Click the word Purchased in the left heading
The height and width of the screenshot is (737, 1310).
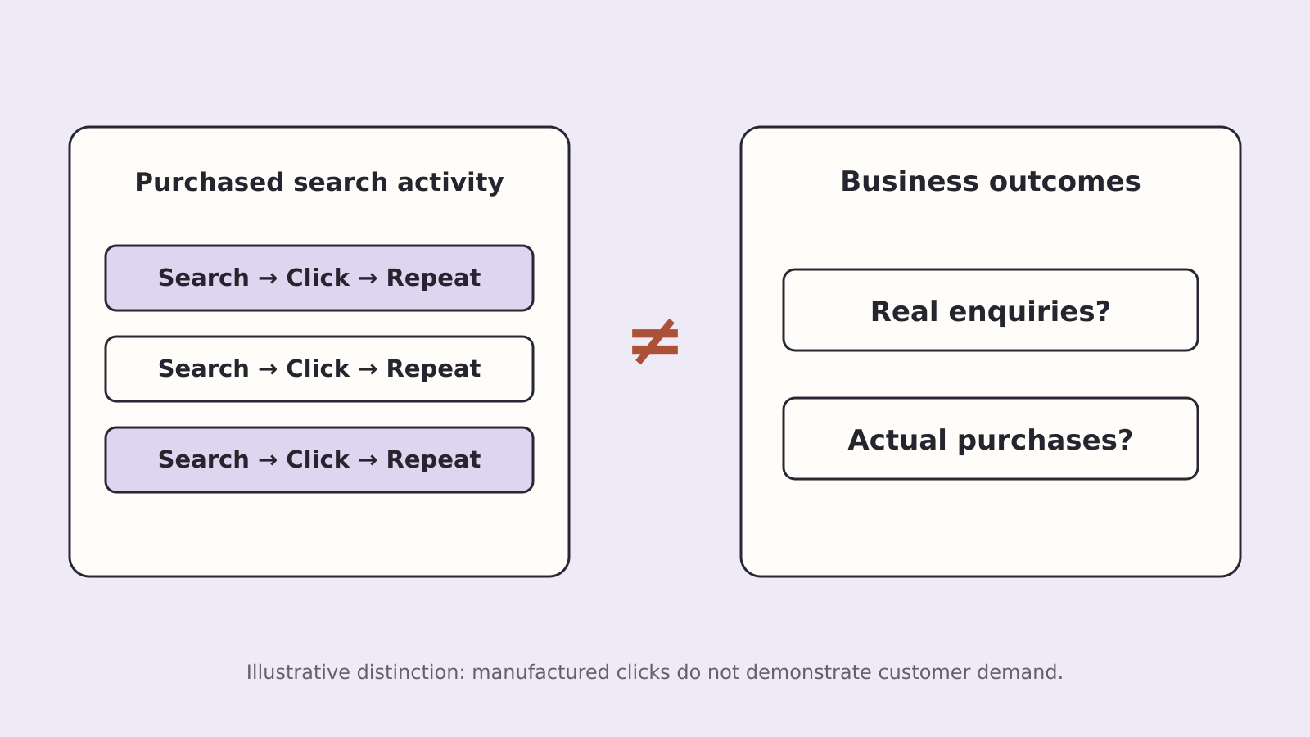[x=210, y=182]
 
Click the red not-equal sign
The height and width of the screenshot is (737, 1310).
[x=655, y=341]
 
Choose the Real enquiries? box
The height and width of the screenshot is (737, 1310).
[x=991, y=310]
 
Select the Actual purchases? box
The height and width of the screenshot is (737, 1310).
[x=991, y=439]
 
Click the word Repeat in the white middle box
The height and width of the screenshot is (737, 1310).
[x=433, y=369]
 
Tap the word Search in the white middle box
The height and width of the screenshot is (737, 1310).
[x=204, y=368]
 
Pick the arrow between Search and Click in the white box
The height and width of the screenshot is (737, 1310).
[x=267, y=369]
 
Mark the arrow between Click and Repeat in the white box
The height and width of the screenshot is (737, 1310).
[x=368, y=369]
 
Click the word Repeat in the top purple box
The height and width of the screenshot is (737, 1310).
[x=433, y=278]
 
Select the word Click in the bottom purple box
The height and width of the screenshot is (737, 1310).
[x=318, y=459]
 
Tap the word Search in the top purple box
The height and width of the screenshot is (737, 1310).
[x=204, y=278]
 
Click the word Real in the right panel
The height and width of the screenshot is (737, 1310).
[x=904, y=311]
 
